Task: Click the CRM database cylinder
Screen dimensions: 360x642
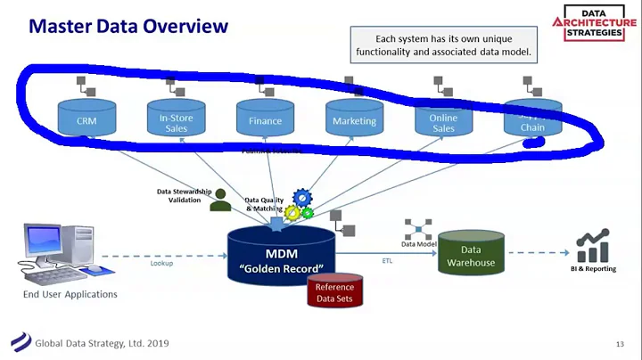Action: (86, 118)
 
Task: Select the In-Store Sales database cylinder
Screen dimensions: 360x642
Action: (176, 118)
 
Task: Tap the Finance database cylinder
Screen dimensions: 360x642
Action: (265, 119)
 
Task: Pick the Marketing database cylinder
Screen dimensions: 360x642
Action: (354, 119)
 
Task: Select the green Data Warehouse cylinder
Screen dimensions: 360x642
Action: (470, 256)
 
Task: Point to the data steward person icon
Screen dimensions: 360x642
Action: (220, 201)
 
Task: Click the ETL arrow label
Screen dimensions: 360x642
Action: (388, 261)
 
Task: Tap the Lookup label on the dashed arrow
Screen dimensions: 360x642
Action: (161, 263)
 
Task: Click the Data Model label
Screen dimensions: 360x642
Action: (417, 243)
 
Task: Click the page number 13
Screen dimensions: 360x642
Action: (619, 344)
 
